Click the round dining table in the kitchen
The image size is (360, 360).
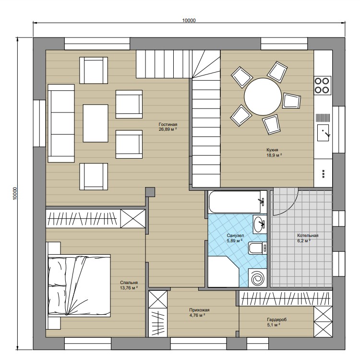pos(263,97)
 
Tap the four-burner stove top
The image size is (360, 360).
pos(322,85)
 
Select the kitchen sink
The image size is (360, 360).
pos(323,133)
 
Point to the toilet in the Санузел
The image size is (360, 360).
pos(257,248)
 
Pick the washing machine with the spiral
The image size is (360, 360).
pos(257,278)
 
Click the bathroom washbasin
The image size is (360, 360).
pos(260,224)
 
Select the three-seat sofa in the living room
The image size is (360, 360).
pos(61,123)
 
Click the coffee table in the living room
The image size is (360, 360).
pos(96,123)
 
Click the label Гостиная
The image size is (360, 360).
pos(168,124)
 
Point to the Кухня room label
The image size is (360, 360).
pos(272,150)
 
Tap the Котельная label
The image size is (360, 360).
pos(308,236)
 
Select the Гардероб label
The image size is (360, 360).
pos(276,320)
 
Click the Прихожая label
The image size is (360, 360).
pos(199,310)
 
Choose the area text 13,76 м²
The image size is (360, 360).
pos(129,287)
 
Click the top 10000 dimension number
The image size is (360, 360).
pos(189,21)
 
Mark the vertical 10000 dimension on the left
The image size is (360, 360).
pos(15,193)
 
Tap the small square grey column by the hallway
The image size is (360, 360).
pos(150,192)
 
